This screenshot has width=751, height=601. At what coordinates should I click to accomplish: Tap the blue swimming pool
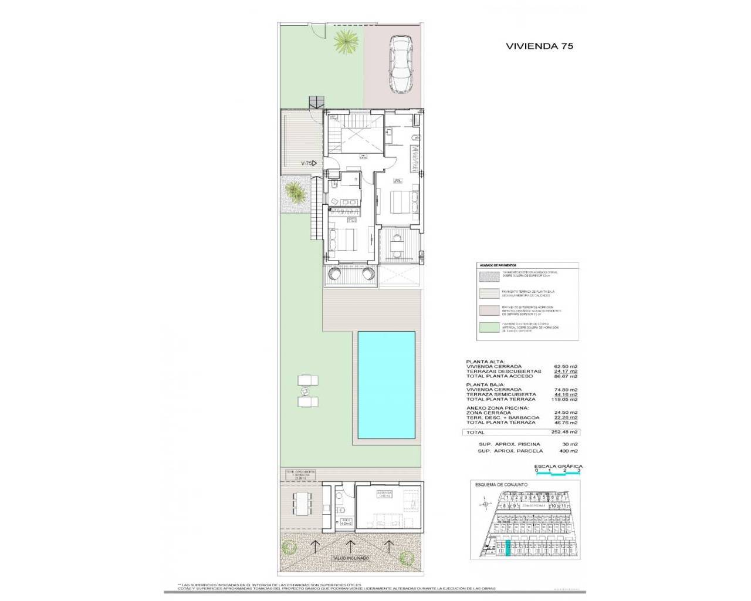coord(387,385)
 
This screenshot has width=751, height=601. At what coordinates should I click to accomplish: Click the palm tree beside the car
coord(343,42)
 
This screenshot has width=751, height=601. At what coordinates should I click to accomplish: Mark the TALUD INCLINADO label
coord(351,558)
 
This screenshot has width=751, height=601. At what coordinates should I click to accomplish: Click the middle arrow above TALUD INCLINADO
coord(351,546)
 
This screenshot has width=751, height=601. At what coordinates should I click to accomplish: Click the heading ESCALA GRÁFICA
coord(557,466)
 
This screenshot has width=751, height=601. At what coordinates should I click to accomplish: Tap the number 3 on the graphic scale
coord(579,471)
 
